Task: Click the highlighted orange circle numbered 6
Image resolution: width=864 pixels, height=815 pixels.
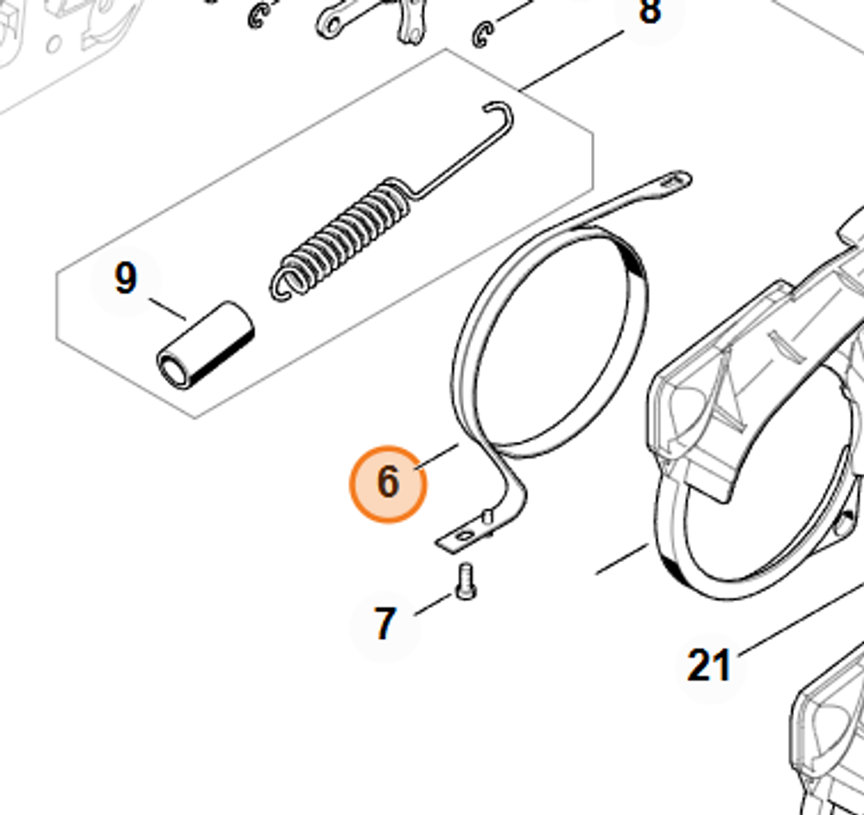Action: pos(388,483)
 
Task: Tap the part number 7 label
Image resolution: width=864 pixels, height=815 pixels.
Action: pos(384,624)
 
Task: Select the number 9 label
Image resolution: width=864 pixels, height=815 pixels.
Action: pos(125,279)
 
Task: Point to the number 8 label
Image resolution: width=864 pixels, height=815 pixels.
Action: pos(649,12)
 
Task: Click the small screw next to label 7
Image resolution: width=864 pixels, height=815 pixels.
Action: pos(466,580)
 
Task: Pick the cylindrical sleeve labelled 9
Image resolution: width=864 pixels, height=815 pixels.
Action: pos(206,345)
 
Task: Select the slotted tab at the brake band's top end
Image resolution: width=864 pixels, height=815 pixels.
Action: pos(674,180)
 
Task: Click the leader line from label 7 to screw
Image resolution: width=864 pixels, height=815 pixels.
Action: pos(433,603)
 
